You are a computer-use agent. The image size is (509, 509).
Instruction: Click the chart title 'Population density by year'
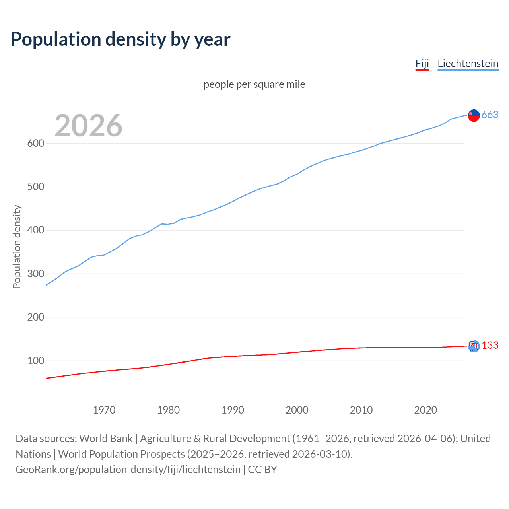tap(120, 39)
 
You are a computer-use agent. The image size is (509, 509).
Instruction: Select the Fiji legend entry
tap(422, 64)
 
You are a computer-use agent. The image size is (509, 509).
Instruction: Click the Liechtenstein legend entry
tap(468, 64)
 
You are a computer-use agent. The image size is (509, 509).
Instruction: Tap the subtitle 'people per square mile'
tap(254, 84)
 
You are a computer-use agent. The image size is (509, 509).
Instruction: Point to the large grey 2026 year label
tap(88, 126)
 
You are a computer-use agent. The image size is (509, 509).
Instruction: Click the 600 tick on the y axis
tap(35, 143)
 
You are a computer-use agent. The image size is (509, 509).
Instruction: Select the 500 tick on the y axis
tap(35, 187)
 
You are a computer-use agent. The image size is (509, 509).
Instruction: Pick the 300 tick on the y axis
tap(35, 274)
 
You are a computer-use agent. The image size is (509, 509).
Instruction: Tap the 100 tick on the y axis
tap(35, 361)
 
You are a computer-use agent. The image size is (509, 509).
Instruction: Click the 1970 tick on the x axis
tap(104, 410)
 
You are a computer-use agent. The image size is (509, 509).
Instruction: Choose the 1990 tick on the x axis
tap(233, 410)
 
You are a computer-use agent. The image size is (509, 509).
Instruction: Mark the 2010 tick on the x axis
tap(361, 410)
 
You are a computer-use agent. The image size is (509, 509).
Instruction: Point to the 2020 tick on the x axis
tap(425, 410)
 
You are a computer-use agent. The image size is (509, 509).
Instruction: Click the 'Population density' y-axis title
tap(17, 247)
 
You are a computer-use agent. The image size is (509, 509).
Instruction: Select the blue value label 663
tap(490, 115)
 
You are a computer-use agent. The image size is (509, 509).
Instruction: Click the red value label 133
tap(490, 345)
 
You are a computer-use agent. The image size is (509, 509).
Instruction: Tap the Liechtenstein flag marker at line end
tap(474, 115)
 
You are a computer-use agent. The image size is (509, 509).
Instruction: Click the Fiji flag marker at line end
tap(474, 346)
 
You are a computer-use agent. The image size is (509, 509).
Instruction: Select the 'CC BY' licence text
tap(262, 470)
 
